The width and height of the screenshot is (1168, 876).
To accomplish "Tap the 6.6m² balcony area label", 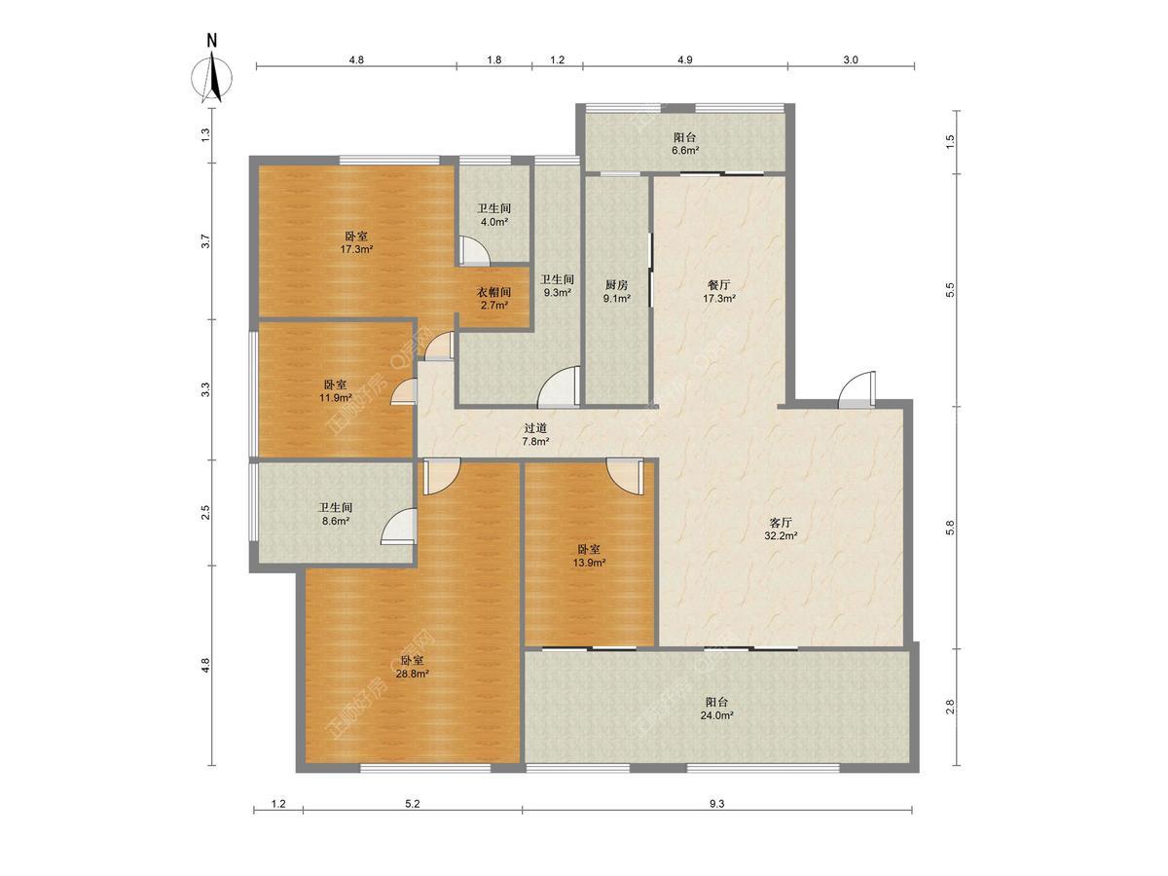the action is pyautogui.click(x=685, y=151).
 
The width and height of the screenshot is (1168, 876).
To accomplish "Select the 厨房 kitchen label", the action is pyautogui.click(x=616, y=285).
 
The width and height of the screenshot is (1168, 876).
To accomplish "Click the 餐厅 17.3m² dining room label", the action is pyautogui.click(x=719, y=292).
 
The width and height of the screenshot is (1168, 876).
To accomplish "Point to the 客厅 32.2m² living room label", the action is pyautogui.click(x=781, y=529).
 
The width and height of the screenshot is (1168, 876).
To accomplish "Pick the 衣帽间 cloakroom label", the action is pyautogui.click(x=493, y=292).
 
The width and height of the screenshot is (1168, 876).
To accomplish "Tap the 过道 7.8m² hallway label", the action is pyautogui.click(x=535, y=434).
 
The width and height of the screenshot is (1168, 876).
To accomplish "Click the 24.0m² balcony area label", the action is pyautogui.click(x=716, y=715).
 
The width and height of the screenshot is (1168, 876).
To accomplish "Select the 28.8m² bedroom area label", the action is pyautogui.click(x=413, y=674).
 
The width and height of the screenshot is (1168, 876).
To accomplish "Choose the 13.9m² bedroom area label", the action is pyautogui.click(x=589, y=563).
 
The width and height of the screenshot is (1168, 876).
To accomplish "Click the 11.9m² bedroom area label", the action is pyautogui.click(x=335, y=397).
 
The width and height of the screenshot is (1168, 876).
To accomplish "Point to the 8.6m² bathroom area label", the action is pyautogui.click(x=335, y=522).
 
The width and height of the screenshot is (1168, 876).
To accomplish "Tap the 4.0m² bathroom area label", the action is pyautogui.click(x=493, y=222).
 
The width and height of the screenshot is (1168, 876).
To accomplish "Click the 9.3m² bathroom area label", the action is pyautogui.click(x=557, y=292).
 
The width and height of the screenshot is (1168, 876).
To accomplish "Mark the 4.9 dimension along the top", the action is pyautogui.click(x=685, y=60).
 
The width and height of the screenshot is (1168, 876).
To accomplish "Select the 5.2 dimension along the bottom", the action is pyautogui.click(x=413, y=804).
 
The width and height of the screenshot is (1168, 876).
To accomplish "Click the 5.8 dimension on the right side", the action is pyautogui.click(x=950, y=528).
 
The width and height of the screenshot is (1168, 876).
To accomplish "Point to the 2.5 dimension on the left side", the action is pyautogui.click(x=206, y=512).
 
